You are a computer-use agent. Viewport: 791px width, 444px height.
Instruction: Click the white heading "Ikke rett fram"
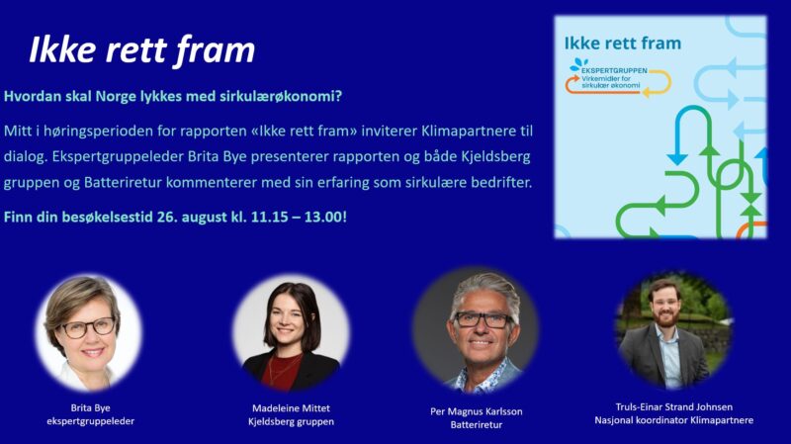pos(141,50)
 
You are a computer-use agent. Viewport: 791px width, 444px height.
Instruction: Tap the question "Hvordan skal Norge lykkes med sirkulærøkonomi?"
pos(173,96)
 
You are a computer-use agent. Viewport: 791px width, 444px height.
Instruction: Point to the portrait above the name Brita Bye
pos(89,333)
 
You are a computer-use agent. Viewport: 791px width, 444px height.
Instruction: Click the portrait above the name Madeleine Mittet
pos(291,333)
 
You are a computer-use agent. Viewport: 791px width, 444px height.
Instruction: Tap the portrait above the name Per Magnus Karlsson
pos(476,330)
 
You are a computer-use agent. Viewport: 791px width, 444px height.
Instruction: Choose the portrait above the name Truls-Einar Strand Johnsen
pos(673,330)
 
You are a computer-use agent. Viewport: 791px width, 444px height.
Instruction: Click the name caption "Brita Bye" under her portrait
pos(90,407)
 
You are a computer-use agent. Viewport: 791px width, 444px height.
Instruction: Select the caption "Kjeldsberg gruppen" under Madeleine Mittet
pos(291,421)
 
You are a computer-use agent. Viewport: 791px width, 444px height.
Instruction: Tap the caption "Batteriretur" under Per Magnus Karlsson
pos(477,425)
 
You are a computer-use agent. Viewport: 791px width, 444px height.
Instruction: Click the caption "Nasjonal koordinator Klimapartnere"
pos(673,420)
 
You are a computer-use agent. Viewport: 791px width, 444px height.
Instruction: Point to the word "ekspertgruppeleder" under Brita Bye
pos(90,421)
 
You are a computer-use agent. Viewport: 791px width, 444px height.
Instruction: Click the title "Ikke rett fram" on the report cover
pos(623,44)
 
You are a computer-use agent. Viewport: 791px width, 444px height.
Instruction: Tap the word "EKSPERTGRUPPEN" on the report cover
pos(614,70)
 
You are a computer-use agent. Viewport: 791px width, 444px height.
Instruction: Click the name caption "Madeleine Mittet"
pos(291,407)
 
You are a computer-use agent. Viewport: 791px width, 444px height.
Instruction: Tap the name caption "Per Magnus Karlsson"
pos(477,411)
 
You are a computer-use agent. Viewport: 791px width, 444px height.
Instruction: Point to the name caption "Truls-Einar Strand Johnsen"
pos(673,406)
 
